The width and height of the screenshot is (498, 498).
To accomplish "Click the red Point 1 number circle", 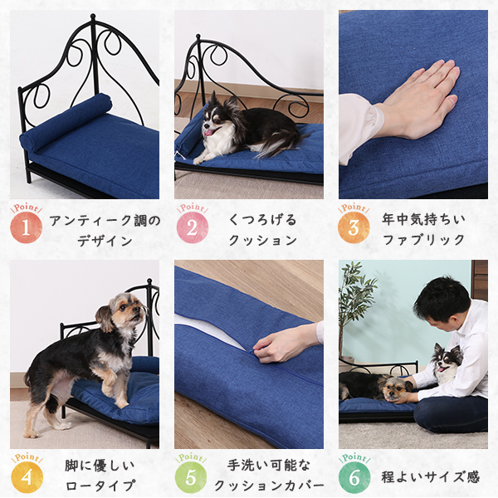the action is [26, 227].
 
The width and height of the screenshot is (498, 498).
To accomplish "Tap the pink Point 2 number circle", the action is [193, 227].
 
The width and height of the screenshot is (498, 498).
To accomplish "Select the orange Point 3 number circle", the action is [354, 227].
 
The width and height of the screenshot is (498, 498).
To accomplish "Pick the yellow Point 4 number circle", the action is [27, 477].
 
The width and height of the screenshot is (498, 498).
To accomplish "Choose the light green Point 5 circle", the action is [191, 477].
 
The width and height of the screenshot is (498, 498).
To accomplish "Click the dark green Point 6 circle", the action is [354, 477].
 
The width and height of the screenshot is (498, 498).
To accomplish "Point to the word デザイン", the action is [105, 241].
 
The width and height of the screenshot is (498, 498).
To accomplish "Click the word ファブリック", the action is [423, 240].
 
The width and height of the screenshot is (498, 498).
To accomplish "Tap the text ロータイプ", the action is [100, 486].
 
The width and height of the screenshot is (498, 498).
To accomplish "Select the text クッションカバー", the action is [269, 486].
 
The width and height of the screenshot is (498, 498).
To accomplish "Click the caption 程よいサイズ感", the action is [430, 477].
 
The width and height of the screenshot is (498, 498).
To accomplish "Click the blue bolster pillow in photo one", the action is [66, 122].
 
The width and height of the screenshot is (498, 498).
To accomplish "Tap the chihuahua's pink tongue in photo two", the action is [208, 131].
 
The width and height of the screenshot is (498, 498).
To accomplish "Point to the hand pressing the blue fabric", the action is [420, 100].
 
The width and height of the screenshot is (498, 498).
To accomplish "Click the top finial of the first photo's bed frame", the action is [93, 17].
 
